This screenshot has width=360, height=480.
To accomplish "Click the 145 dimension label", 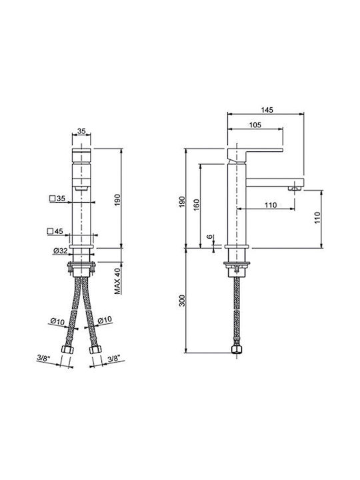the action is [x=267, y=109].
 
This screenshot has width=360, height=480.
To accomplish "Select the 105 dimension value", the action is [x=255, y=125].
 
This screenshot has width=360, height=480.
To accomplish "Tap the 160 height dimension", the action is [x=196, y=205].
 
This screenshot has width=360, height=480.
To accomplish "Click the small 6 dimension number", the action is [x=209, y=237].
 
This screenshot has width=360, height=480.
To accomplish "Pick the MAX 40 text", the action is [x=118, y=281].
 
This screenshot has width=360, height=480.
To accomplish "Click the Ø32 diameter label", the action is [x=60, y=251].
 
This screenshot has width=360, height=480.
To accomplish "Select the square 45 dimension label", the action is [x=55, y=231].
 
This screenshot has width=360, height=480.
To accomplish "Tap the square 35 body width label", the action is [x=57, y=199].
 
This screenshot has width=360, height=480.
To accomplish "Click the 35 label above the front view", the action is [x=81, y=131].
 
